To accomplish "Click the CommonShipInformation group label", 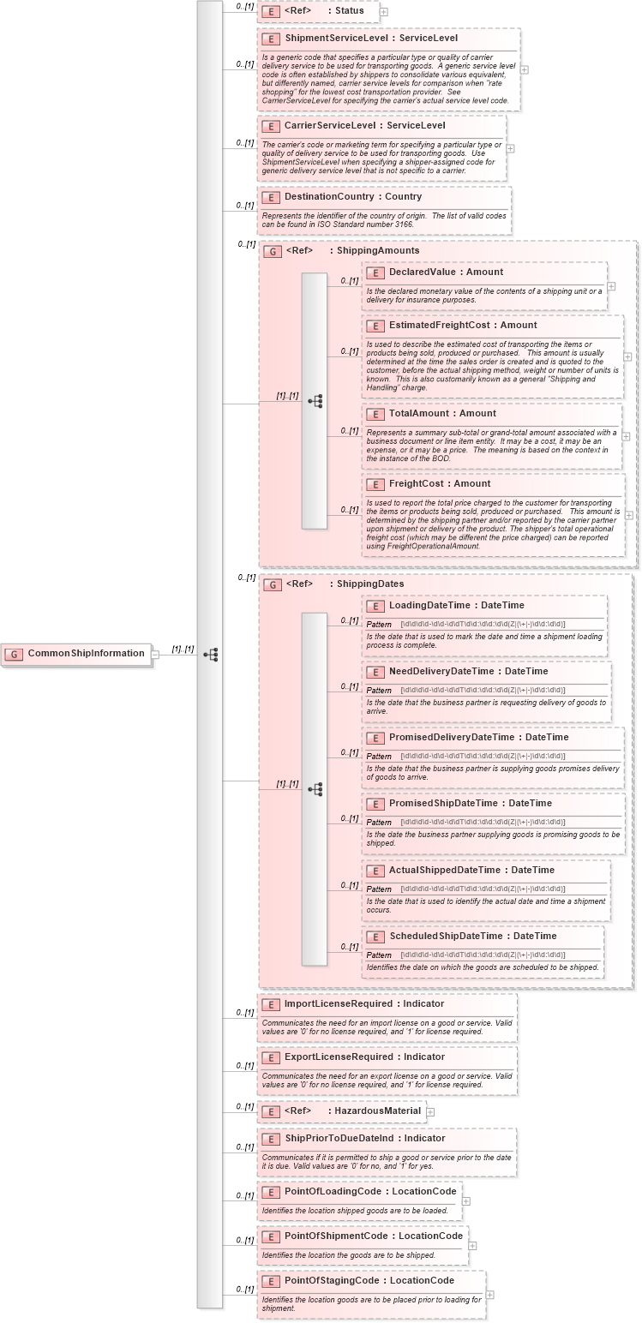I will pos(86,654).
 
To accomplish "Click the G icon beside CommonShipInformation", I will pos(14,655).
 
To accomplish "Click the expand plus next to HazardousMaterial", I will pos(430,1112).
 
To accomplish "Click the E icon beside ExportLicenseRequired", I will pos(271,1058).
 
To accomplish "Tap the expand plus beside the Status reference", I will pos(384,12).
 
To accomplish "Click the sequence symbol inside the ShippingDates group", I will pos(315,788).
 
